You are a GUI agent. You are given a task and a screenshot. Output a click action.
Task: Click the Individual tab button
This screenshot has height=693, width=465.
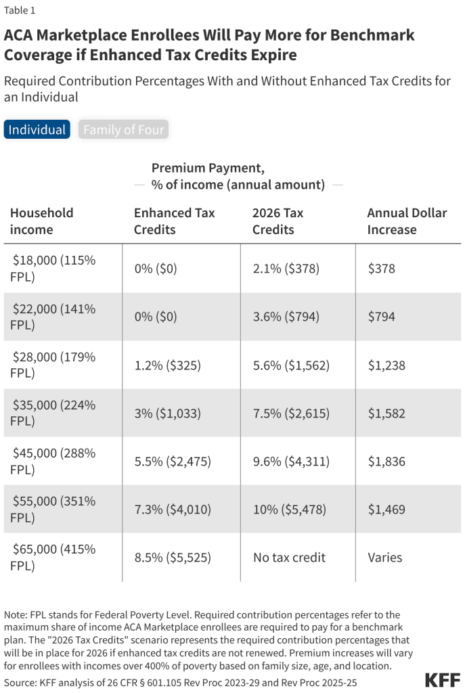tap(37, 129)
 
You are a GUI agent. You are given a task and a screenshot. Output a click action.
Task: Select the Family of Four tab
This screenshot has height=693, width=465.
tap(123, 129)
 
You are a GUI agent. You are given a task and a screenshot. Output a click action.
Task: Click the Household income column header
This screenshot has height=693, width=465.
tap(42, 221)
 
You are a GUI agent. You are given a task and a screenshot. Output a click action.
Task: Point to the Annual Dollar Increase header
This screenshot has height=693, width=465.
tap(407, 221)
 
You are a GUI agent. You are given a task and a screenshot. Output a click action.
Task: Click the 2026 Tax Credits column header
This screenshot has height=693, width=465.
tap(278, 221)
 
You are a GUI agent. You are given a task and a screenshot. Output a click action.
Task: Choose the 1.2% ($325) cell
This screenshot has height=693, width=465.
tap(167, 365)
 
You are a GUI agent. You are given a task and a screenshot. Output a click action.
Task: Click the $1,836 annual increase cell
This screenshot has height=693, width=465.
tap(386, 462)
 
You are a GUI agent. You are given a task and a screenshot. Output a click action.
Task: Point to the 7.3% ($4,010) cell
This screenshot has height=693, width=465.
tap(173, 510)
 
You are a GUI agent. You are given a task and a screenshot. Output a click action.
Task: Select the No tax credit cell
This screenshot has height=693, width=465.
tap(289, 558)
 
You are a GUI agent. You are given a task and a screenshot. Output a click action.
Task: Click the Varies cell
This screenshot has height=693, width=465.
tap(385, 558)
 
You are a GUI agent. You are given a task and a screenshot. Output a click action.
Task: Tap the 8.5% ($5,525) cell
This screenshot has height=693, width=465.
tap(173, 558)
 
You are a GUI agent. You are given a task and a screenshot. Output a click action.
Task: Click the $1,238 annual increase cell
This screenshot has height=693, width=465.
tap(386, 365)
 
